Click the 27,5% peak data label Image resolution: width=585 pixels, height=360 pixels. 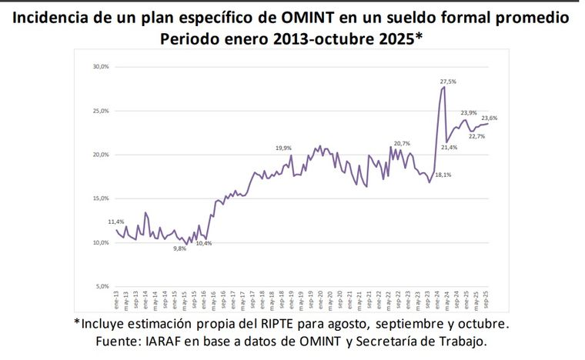tap(448, 81)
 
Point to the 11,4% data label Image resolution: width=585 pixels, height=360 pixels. tap(116, 222)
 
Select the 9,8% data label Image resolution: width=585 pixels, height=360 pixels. tap(180, 248)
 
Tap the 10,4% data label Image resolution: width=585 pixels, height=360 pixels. tap(204, 243)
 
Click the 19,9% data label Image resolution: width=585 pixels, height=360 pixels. tap(283, 148)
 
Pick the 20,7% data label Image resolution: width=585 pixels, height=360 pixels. tap(402, 144)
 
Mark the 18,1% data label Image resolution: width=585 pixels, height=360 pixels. tap(443, 175)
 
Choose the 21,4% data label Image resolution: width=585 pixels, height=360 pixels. tap(450, 147)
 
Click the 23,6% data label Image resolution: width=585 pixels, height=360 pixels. tap(489, 118)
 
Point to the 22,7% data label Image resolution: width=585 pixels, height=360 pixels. tap(476, 136)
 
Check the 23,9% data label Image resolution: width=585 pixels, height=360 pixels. tap(469, 112)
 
